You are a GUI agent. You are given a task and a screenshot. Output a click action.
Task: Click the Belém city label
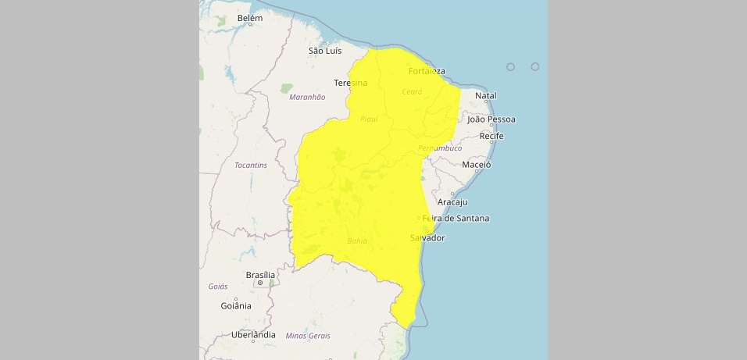point(250,17)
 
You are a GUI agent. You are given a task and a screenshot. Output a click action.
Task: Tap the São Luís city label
point(325,51)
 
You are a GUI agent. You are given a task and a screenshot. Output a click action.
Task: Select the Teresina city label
point(350,83)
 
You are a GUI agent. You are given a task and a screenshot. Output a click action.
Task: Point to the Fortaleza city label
point(427,71)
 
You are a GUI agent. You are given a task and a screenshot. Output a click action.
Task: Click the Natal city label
point(486,96)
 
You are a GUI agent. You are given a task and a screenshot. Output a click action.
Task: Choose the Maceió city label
point(476,165)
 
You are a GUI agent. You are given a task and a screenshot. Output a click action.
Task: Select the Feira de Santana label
point(456,218)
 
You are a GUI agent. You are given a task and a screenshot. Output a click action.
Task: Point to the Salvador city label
point(427,237)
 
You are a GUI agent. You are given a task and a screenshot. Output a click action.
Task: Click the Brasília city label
point(260,275)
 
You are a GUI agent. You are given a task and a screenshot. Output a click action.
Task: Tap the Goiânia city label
point(236,305)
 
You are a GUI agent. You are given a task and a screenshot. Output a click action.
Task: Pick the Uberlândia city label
point(253,335)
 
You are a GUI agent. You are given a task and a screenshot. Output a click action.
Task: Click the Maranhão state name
point(306,97)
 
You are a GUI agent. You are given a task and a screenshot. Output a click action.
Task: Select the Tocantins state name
point(251,165)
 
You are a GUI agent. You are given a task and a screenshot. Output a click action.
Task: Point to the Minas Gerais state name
point(308,336)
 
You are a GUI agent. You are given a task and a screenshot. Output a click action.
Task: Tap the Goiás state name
point(218,287)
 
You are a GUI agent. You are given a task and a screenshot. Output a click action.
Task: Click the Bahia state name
point(357,241)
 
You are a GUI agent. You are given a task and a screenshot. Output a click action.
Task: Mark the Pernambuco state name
point(440,148)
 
